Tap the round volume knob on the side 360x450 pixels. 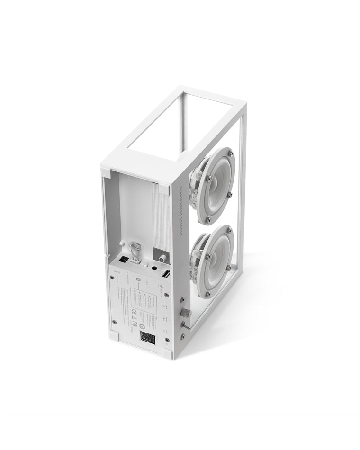click(186, 313)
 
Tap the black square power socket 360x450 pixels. click(122, 260)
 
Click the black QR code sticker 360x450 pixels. click(147, 337)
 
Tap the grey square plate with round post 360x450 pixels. click(161, 256)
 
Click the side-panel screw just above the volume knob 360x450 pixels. click(181, 300)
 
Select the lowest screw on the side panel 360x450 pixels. click(182, 337)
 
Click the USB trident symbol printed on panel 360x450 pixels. click(162, 287)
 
